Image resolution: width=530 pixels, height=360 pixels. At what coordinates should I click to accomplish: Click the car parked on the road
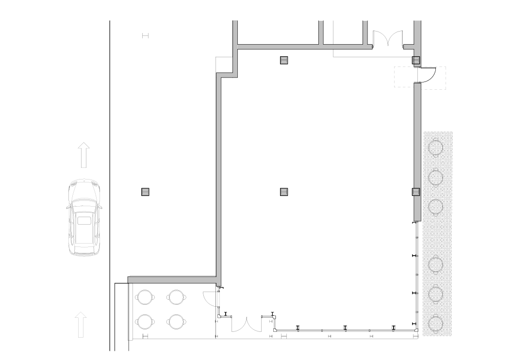click(x=84, y=218)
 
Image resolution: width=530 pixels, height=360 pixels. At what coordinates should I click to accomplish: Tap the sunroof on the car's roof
click(x=84, y=221)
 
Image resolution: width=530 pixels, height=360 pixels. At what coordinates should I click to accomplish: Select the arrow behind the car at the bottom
click(x=81, y=325)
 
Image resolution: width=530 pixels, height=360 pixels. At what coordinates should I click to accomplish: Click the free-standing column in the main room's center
click(x=284, y=192)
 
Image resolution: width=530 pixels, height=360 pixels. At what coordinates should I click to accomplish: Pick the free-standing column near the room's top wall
click(x=284, y=60)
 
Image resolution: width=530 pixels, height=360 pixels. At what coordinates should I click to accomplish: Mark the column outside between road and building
click(x=145, y=192)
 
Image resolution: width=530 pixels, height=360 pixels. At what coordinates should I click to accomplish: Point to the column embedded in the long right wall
click(x=416, y=192)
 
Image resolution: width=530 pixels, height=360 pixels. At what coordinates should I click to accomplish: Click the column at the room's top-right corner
click(x=416, y=60)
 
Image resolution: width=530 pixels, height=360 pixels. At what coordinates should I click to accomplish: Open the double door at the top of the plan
click(x=388, y=39)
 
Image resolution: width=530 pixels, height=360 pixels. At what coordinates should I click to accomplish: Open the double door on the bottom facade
click(x=247, y=324)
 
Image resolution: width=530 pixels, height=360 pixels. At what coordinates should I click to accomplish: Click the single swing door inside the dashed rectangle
click(x=428, y=76)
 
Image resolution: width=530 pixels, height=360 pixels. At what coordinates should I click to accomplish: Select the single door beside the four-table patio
click(x=211, y=298)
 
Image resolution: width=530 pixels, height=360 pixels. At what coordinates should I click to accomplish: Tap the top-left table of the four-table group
click(x=145, y=296)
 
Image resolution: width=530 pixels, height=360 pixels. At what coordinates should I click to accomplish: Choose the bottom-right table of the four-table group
click(x=176, y=321)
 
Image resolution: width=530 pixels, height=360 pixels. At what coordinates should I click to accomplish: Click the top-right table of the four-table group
click(x=176, y=296)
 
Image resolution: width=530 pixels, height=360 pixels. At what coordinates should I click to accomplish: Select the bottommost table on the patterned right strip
click(x=436, y=322)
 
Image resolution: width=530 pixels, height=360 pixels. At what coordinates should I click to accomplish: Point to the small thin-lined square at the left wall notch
click(x=225, y=63)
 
